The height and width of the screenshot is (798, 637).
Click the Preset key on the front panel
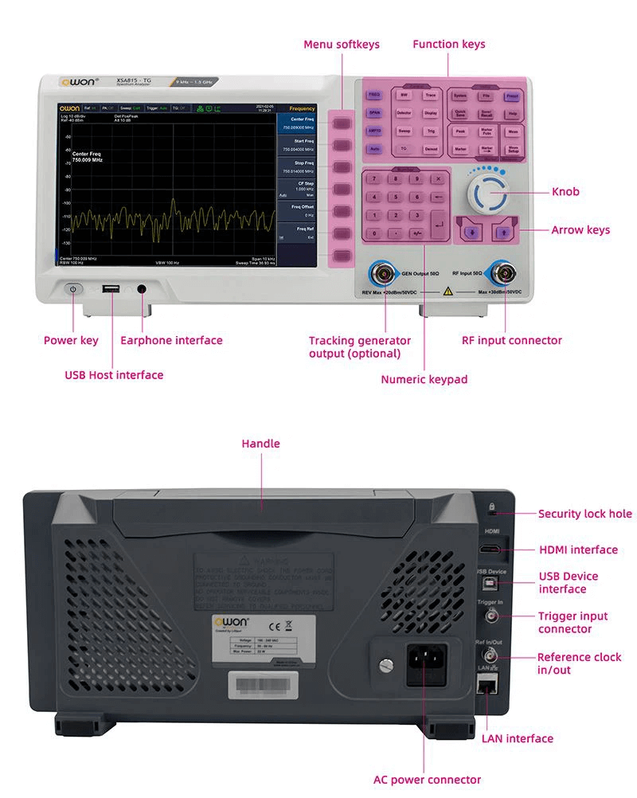[x=512, y=96]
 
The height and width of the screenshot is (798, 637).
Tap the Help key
[x=512, y=114]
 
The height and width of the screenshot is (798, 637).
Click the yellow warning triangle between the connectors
[x=448, y=292]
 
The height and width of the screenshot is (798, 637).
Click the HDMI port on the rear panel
[x=490, y=549]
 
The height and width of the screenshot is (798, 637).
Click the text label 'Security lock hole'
[x=584, y=514]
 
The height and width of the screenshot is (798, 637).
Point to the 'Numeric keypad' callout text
[x=424, y=380]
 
